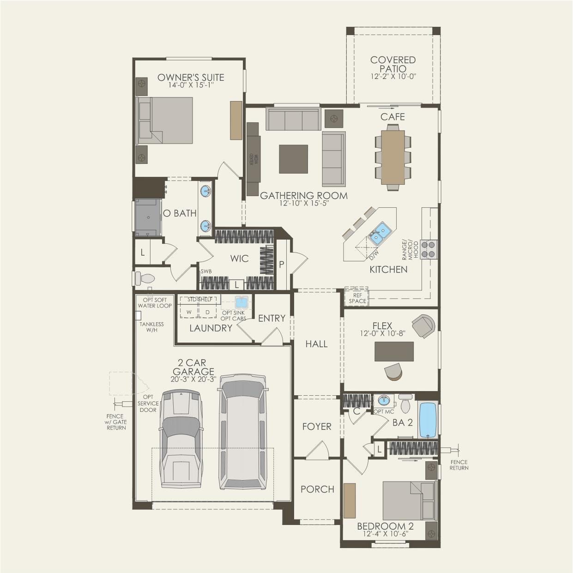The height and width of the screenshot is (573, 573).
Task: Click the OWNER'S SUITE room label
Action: pos(191,77)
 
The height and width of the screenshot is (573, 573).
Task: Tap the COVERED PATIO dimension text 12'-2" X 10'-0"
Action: pos(393,77)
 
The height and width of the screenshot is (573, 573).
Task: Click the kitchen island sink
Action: pos(380,232)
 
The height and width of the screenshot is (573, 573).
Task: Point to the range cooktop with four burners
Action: pos(429,249)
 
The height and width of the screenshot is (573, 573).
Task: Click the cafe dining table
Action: pos(393,157)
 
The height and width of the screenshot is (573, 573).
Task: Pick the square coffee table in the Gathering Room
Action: pos(293,159)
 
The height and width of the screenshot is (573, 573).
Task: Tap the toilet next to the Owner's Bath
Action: pos(145,278)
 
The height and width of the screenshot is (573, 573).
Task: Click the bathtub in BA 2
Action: pos(427,420)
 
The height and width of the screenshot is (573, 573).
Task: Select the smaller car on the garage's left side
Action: pos(181,439)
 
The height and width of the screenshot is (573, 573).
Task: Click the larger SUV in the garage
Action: pos(243,432)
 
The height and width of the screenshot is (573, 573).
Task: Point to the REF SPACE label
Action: pos(357,298)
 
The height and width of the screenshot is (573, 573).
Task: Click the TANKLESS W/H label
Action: pos(151,327)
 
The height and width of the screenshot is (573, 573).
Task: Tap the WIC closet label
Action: pos(239,259)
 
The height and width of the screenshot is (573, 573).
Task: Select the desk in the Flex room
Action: pos(394,351)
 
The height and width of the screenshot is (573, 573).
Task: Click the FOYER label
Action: pos(317,427)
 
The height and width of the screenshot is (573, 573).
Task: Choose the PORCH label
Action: pos(317,489)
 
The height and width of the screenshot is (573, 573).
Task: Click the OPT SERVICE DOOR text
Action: pos(148,403)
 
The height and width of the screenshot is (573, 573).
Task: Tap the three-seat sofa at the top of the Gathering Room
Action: pos(293,120)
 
